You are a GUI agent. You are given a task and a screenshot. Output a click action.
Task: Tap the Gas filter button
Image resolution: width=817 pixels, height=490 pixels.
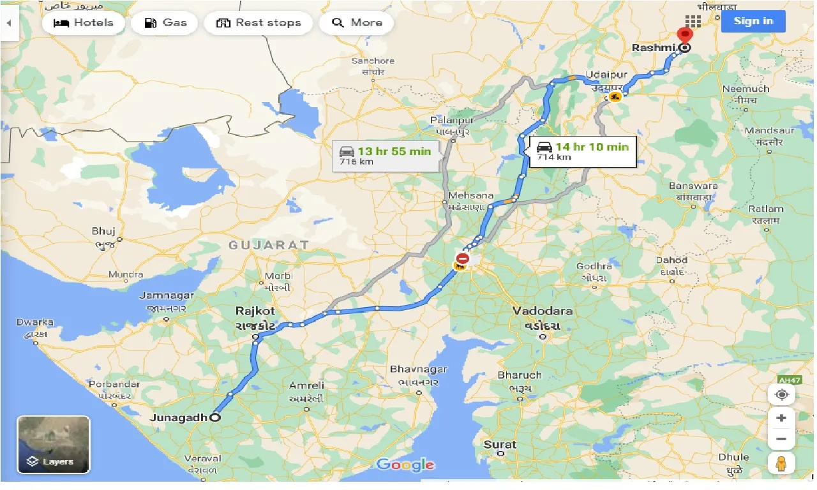pyautogui.click(x=165, y=23)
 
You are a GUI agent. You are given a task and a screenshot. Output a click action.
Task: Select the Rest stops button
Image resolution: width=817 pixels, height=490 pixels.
pyautogui.click(x=258, y=23)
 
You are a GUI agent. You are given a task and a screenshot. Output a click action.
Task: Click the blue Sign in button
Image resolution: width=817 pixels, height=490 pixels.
pyautogui.click(x=753, y=21)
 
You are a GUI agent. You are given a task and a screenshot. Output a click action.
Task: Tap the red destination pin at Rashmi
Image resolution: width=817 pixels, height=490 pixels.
pyautogui.click(x=685, y=36)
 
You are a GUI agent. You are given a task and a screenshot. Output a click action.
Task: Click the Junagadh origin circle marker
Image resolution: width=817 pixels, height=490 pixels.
pyautogui.click(x=215, y=418)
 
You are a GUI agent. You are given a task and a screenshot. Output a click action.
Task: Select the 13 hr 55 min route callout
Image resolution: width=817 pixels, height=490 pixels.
pyautogui.click(x=386, y=156)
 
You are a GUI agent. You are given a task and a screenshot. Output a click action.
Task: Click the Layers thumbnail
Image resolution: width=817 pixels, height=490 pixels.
pyautogui.click(x=54, y=445)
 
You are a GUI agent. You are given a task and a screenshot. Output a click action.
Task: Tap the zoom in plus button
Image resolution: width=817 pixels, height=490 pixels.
pyautogui.click(x=781, y=419)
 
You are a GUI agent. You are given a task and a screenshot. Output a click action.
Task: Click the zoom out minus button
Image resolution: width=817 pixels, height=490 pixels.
pyautogui.click(x=781, y=439)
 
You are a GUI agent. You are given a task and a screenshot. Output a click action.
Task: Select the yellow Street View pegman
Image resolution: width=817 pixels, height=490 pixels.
pyautogui.click(x=781, y=464)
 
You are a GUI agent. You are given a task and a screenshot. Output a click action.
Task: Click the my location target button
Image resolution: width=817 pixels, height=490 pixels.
pyautogui.click(x=781, y=394)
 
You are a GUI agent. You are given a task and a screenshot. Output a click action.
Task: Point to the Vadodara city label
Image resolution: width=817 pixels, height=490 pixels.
pyautogui.click(x=543, y=311)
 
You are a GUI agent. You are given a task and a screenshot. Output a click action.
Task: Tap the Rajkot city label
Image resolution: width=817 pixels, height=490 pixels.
pyautogui.click(x=255, y=311)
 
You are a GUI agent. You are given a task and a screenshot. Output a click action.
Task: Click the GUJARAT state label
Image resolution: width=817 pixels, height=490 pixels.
pyautogui.click(x=269, y=245)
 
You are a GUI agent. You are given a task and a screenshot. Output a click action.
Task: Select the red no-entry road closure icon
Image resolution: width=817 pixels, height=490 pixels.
pyautogui.click(x=463, y=259)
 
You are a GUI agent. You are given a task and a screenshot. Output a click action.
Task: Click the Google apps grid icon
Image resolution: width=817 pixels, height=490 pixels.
pyautogui.click(x=693, y=21)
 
